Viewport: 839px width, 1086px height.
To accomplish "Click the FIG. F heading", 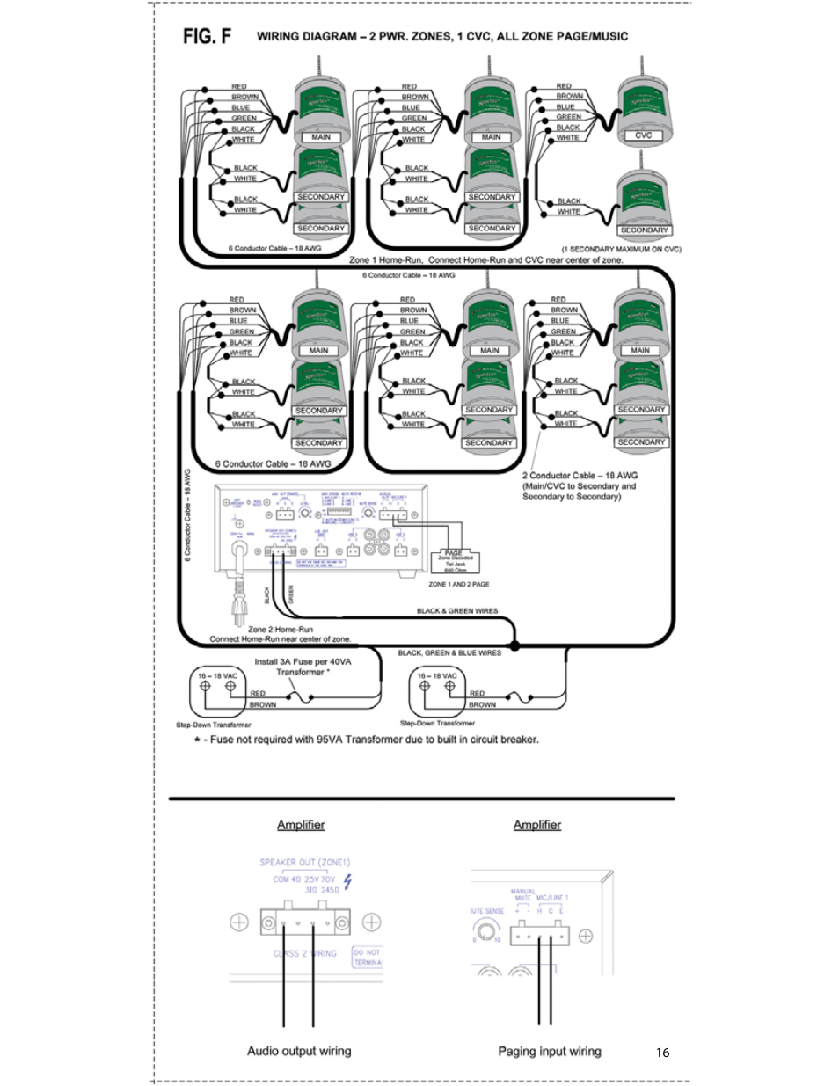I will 207,36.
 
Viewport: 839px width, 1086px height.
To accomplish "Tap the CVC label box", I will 644,135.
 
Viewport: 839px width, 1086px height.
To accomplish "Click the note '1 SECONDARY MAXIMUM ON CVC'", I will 621,249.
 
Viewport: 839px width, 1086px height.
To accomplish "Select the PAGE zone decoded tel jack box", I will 455,560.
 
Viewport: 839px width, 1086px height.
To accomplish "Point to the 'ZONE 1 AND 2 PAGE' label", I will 458,584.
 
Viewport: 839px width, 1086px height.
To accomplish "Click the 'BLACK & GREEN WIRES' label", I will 456,610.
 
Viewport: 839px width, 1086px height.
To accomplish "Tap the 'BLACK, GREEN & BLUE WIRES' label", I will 449,652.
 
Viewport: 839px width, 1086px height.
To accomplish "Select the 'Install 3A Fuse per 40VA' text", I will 302,661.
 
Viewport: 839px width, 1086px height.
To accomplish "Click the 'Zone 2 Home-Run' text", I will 280,630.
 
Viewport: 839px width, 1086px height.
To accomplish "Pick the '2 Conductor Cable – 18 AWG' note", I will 580,476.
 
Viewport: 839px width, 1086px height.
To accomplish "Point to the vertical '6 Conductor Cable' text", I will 187,514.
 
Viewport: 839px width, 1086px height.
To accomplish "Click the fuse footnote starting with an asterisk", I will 367,740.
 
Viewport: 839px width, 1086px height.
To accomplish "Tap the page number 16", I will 662,1052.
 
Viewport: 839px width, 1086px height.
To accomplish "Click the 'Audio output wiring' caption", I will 299,1051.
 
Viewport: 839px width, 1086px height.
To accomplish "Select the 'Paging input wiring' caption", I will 550,1051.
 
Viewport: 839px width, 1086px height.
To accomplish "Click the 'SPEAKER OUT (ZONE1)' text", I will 304,863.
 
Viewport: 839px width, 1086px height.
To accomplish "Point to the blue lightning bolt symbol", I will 348,880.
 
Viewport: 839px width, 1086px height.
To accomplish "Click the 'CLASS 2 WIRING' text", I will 304,953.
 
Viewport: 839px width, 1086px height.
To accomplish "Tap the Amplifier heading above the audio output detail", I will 301,825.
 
